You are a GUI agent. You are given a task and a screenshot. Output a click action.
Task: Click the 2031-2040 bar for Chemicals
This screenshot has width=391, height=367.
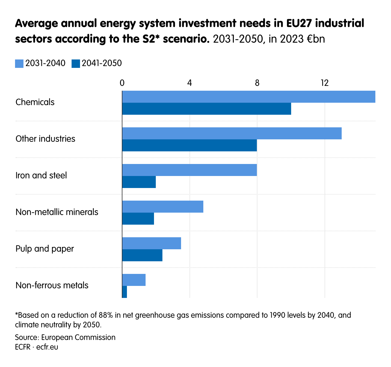[x=249, y=97]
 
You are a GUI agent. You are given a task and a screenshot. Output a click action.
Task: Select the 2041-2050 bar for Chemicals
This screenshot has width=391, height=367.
[x=207, y=109]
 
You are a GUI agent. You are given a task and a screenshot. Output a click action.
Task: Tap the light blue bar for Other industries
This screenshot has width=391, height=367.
[x=232, y=133]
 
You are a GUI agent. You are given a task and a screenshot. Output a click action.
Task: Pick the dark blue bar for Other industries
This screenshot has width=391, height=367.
[x=189, y=145]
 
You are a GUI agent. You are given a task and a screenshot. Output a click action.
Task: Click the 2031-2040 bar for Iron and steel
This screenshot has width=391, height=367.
[x=189, y=170]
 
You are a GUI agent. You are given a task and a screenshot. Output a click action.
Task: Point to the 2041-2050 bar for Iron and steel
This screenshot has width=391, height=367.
[x=139, y=182]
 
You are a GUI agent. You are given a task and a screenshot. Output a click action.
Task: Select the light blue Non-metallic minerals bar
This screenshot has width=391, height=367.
[x=163, y=207]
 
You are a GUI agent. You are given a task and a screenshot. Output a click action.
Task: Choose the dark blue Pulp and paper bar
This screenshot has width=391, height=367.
[x=142, y=255]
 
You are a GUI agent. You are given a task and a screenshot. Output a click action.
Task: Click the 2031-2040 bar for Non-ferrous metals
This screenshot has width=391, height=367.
[x=134, y=280]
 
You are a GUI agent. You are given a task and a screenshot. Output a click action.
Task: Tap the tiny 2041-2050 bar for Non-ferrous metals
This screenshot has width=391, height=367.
[x=125, y=292]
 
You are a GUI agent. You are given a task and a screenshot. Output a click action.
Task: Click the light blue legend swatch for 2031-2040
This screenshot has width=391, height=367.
[x=19, y=64]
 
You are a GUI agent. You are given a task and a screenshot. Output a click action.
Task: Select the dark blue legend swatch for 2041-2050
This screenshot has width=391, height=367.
[x=76, y=64]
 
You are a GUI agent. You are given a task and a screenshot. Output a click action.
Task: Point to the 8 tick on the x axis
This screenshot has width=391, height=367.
[x=257, y=83]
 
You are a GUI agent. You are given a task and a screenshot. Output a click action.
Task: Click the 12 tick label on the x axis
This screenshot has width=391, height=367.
[x=324, y=83]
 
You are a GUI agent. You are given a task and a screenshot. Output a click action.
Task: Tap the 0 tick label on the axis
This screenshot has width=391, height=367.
[x=122, y=83]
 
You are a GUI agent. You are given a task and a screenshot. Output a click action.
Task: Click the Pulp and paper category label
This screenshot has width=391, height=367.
[x=45, y=249]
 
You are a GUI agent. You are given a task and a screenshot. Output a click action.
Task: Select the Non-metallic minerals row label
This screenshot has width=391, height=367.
[x=57, y=212]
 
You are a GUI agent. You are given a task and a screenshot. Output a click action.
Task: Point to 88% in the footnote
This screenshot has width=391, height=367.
[x=106, y=315]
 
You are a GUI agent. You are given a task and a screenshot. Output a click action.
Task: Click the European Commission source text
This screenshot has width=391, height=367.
[x=78, y=337]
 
